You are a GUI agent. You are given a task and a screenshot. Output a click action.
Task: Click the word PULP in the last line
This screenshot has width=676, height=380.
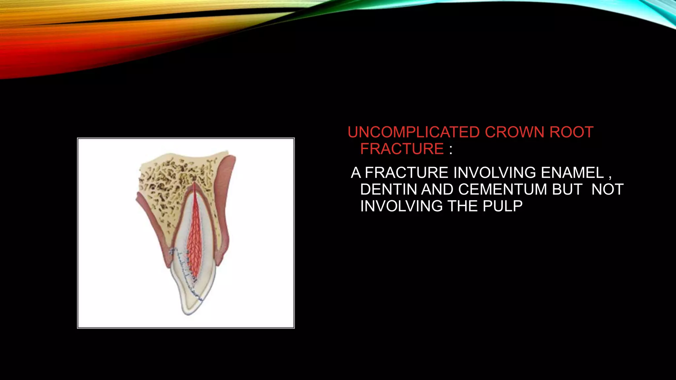(503, 206)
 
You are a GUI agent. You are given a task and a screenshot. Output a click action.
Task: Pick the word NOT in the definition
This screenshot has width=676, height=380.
(607, 190)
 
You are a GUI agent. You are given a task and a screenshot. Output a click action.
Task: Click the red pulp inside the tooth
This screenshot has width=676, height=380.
(193, 237)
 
